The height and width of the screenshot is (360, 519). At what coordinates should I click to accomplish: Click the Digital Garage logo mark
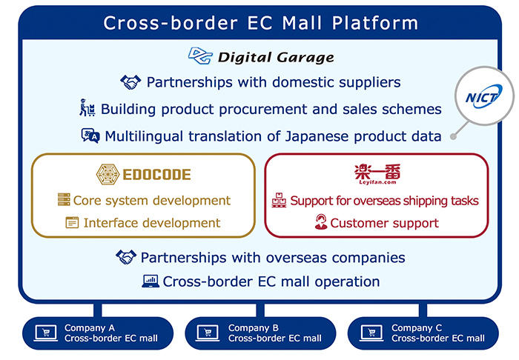[x=200, y=56]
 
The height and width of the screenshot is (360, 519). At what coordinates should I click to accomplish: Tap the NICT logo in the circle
[x=484, y=96]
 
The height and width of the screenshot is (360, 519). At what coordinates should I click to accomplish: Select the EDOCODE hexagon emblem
[x=108, y=174]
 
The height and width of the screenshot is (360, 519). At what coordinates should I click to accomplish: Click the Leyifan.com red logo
[x=377, y=174]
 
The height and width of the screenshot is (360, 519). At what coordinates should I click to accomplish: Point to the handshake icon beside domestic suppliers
[x=130, y=82]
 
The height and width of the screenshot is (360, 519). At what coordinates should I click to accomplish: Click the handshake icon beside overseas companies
[x=126, y=257]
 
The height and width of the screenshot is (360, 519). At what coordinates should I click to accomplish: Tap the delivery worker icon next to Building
[x=87, y=107]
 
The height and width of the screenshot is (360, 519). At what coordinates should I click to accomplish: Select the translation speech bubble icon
[x=90, y=136]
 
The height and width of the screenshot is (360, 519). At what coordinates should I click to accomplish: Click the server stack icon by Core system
[x=64, y=199]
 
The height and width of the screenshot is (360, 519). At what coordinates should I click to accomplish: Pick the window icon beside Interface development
[x=72, y=222]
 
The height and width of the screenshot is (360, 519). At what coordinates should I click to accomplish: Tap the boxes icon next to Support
[x=279, y=200]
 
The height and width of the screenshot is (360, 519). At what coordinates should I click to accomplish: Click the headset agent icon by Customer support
[x=321, y=221]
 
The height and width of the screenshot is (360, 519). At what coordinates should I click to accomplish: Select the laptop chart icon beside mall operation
[x=151, y=281]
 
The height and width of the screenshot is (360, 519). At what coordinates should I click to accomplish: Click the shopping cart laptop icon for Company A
[x=46, y=333]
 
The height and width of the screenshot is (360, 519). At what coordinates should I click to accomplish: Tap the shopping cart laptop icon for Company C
[x=371, y=333]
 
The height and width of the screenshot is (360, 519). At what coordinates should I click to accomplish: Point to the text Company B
[x=254, y=328]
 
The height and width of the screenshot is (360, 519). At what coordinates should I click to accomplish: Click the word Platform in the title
[x=375, y=23]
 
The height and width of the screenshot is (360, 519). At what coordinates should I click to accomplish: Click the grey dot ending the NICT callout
[x=454, y=136]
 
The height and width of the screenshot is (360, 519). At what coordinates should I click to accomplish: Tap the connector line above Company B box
[x=260, y=310]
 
